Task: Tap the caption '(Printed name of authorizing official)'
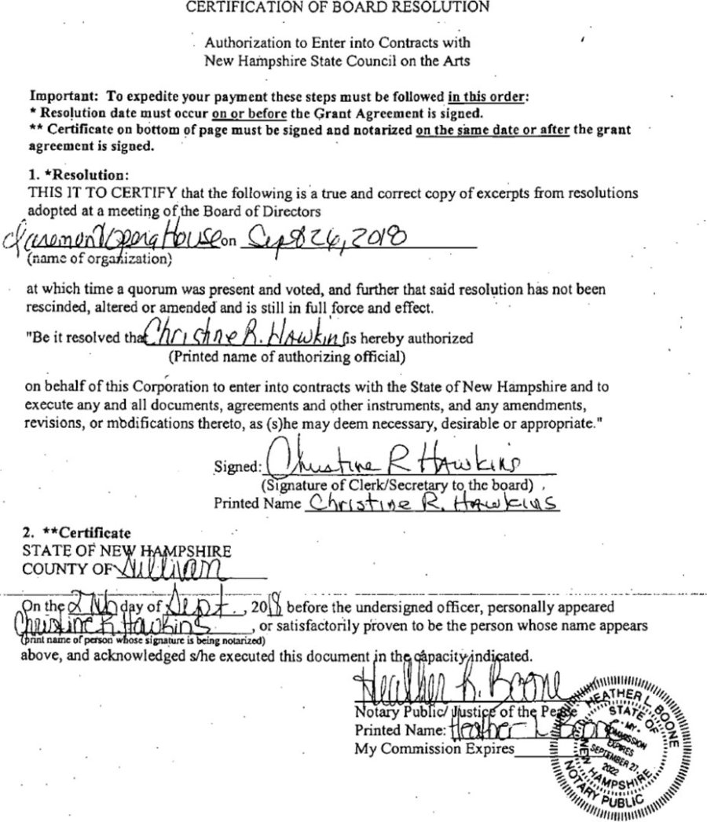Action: pyautogui.click(x=287, y=357)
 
